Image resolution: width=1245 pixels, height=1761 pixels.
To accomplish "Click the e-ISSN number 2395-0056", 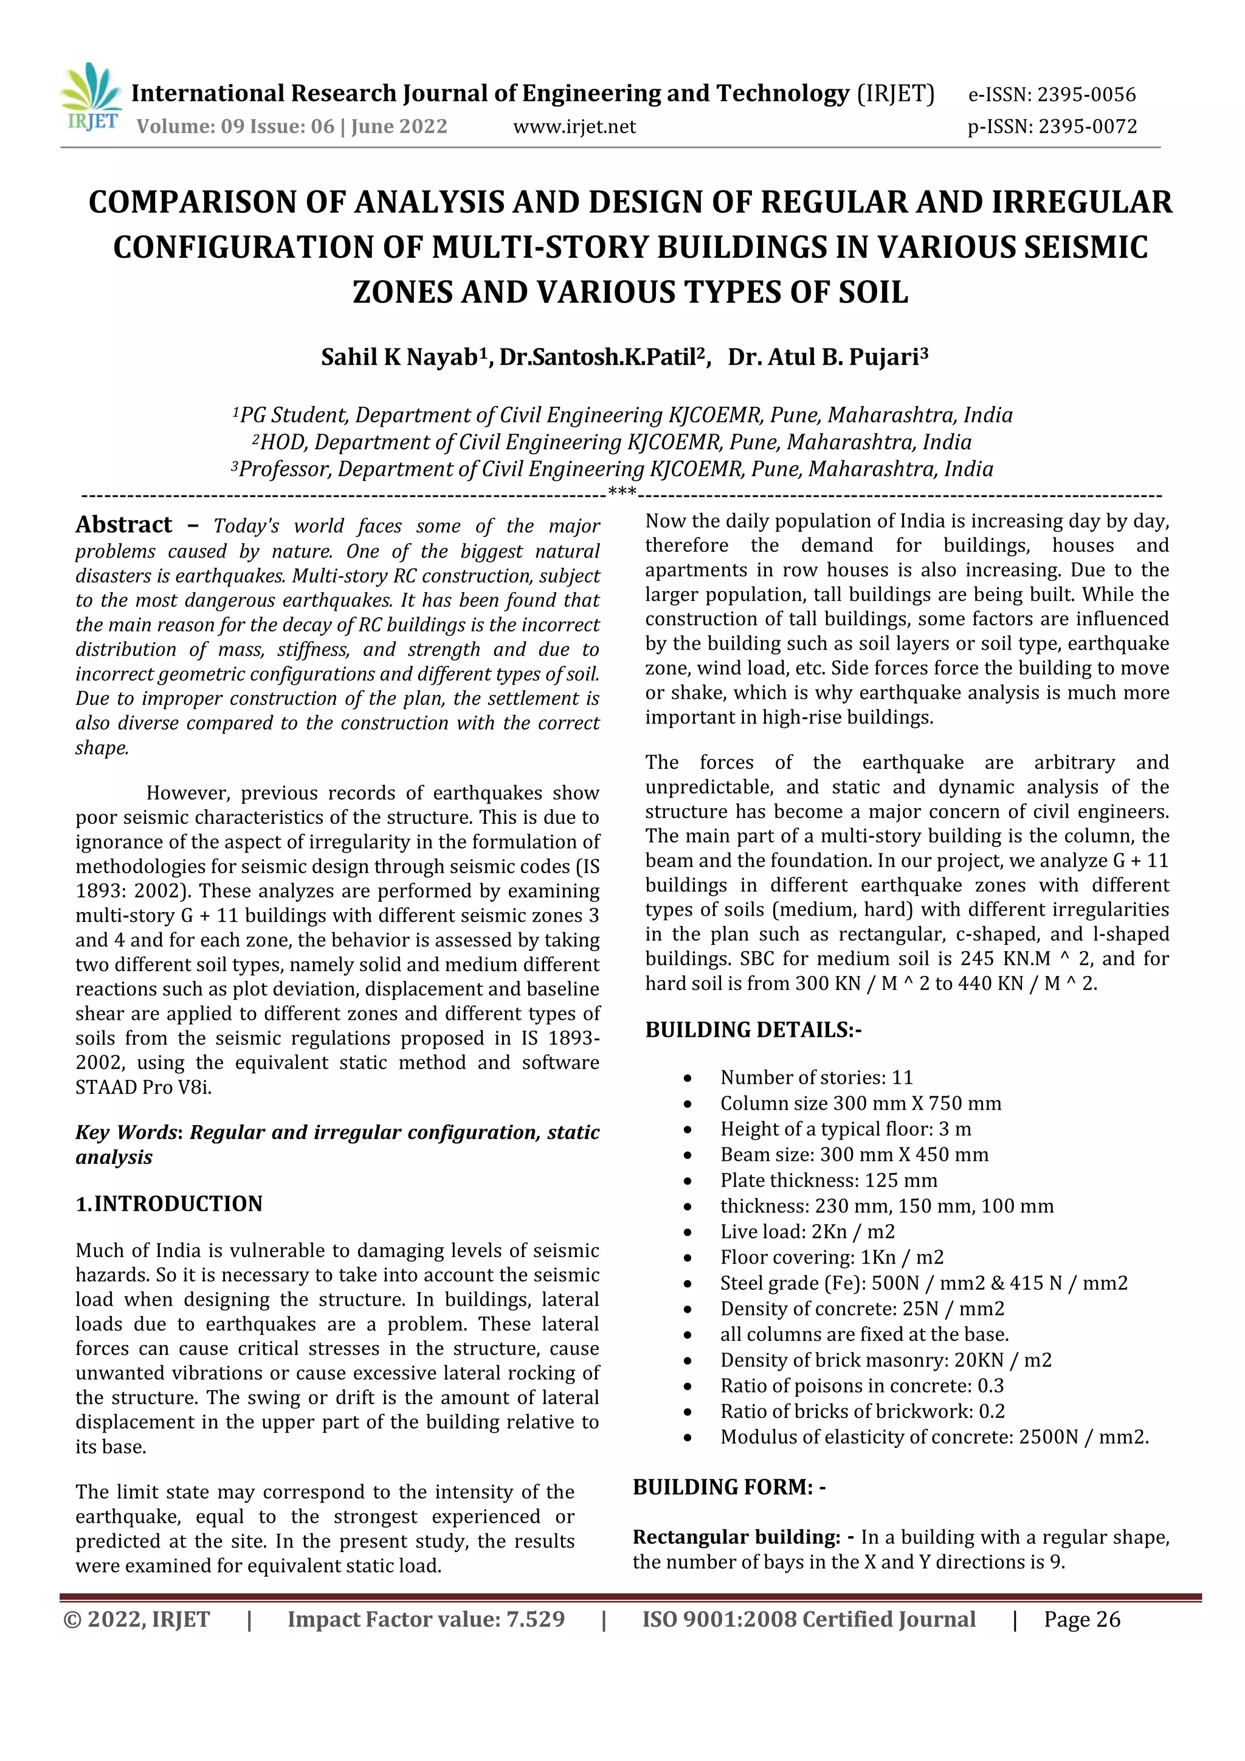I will coord(1086,95).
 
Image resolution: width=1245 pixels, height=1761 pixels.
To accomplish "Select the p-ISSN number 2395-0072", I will coord(1087,126).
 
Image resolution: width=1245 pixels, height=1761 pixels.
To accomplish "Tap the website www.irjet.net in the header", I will coord(574,126).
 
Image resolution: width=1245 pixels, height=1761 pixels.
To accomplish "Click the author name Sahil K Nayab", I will coord(399,358).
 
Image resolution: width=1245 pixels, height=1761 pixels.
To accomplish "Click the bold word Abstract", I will coord(123,525).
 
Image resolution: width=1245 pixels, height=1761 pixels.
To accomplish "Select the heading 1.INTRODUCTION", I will coord(168,1203).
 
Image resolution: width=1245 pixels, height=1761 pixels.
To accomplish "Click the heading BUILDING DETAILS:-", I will coord(753,1030).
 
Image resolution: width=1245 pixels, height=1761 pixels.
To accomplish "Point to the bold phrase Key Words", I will coord(126,1133).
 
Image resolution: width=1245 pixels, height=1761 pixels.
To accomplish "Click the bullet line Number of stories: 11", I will coord(816,1078).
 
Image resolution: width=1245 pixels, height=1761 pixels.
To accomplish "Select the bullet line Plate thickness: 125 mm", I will coord(828,1180).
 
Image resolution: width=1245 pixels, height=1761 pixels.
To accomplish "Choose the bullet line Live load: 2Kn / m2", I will coord(807,1232).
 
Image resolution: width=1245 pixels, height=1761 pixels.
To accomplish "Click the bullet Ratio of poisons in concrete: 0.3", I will coord(861,1386).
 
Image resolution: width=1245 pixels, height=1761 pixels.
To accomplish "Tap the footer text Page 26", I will coord(1081,1620).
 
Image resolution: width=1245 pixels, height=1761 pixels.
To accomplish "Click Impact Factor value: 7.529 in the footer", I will coord(426,1620).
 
